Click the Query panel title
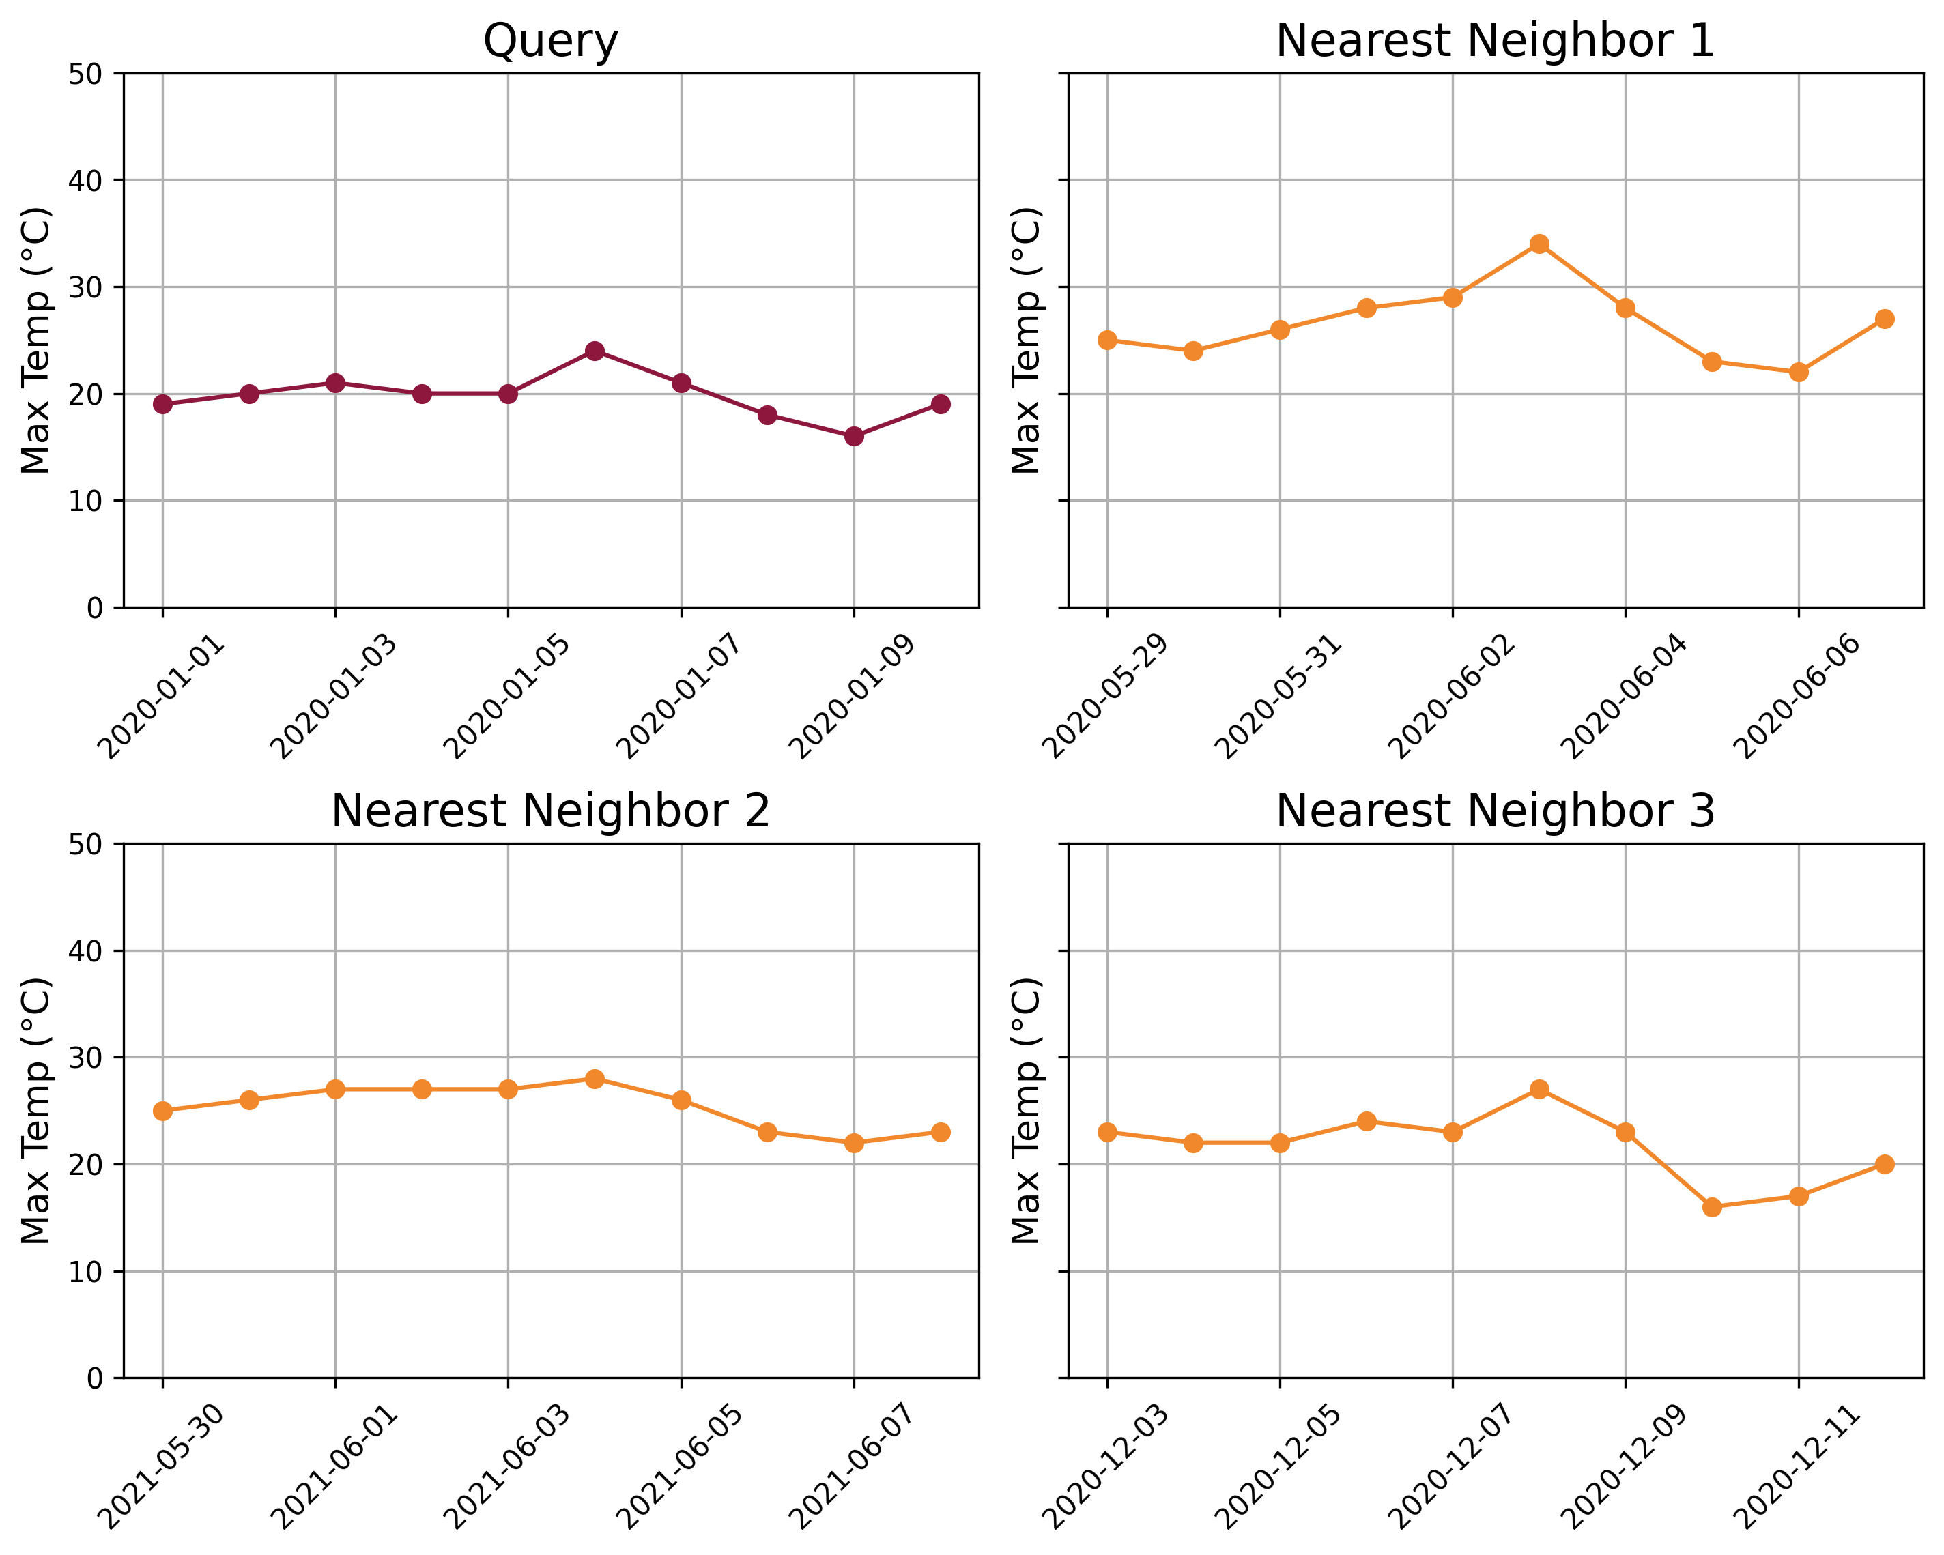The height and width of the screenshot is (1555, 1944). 550,42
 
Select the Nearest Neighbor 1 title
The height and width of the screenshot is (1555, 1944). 1494,42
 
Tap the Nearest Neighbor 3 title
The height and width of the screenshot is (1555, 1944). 1494,811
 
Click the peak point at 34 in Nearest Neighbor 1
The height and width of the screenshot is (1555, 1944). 1539,244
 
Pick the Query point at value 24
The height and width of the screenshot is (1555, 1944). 595,351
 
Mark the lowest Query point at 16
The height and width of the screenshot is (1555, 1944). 854,436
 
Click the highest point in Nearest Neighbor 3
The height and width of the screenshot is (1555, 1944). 1539,1090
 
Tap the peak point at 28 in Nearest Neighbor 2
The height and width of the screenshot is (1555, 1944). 595,1079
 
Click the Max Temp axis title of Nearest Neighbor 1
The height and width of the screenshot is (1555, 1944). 1026,340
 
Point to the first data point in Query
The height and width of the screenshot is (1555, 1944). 162,404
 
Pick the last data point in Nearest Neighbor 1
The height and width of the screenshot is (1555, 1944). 1885,319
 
